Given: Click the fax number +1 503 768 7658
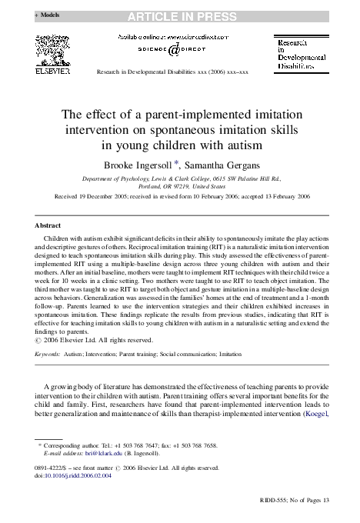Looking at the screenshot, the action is tap(201, 445).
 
